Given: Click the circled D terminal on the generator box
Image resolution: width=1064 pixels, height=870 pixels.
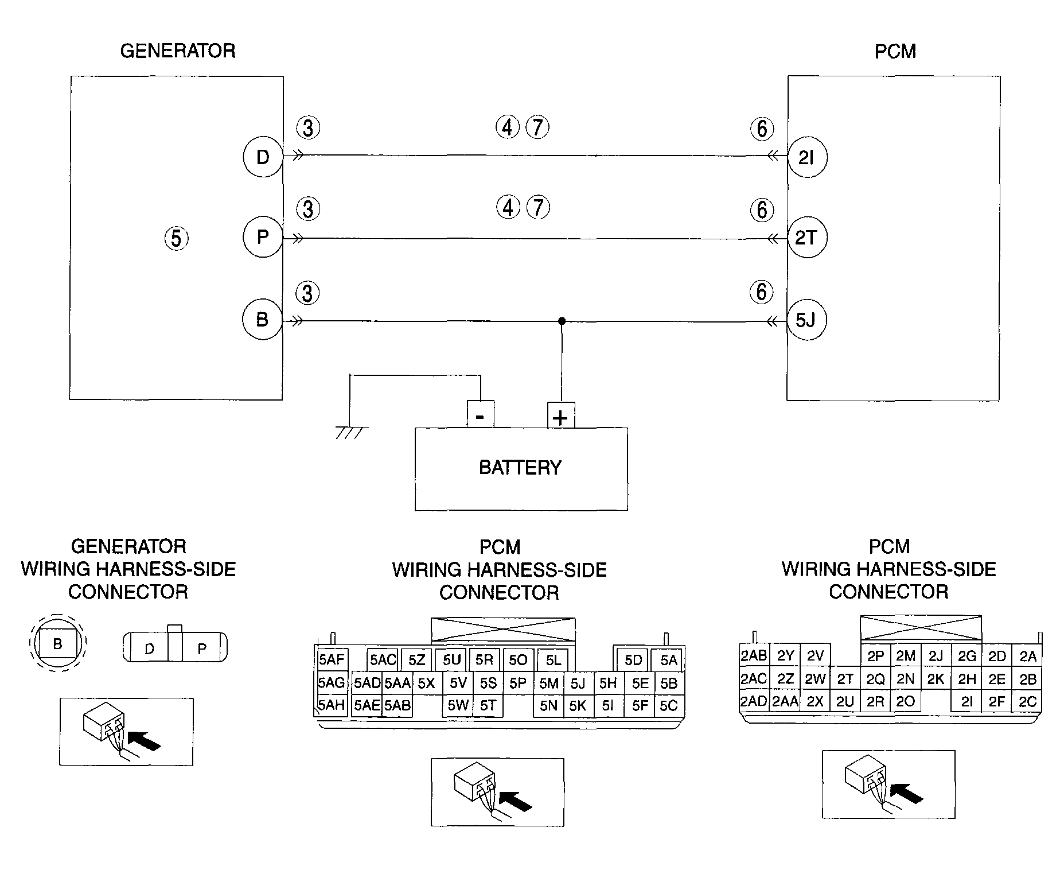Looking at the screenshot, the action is (x=263, y=157).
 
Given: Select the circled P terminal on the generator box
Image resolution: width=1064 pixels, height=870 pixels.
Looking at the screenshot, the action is (x=263, y=237).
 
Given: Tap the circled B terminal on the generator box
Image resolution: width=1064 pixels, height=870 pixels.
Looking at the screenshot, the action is (x=263, y=320).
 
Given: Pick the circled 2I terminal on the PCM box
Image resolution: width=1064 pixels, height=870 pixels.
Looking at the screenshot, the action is (x=806, y=157).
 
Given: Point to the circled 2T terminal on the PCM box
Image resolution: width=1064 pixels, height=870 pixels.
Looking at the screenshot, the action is (x=806, y=237).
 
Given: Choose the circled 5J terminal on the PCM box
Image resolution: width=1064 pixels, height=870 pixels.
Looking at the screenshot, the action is (x=806, y=320).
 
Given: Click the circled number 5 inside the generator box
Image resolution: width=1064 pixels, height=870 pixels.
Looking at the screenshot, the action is (x=176, y=238).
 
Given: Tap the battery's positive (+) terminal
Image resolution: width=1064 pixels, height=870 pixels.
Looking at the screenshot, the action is (x=561, y=415).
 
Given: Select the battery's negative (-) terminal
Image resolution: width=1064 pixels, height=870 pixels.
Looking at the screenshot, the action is (x=481, y=414).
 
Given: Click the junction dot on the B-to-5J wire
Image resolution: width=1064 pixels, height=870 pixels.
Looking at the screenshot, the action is (x=562, y=321).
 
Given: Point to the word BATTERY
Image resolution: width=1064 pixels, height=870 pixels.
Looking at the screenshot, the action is (x=520, y=468).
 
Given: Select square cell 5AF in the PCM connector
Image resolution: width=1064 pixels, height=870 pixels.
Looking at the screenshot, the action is (x=331, y=660).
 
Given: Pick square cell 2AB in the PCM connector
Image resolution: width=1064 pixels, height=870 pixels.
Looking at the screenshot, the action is (x=754, y=656).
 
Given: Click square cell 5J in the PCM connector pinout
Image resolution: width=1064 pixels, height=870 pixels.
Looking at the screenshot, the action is (x=578, y=683).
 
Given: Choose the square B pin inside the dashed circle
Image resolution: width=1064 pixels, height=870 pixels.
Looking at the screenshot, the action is (x=57, y=644).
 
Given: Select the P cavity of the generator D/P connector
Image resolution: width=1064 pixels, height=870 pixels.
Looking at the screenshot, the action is (x=202, y=648).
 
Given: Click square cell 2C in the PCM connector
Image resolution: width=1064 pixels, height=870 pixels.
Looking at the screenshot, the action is (x=1027, y=701).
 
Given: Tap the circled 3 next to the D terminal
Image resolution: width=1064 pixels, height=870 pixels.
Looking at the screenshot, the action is (x=308, y=128).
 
